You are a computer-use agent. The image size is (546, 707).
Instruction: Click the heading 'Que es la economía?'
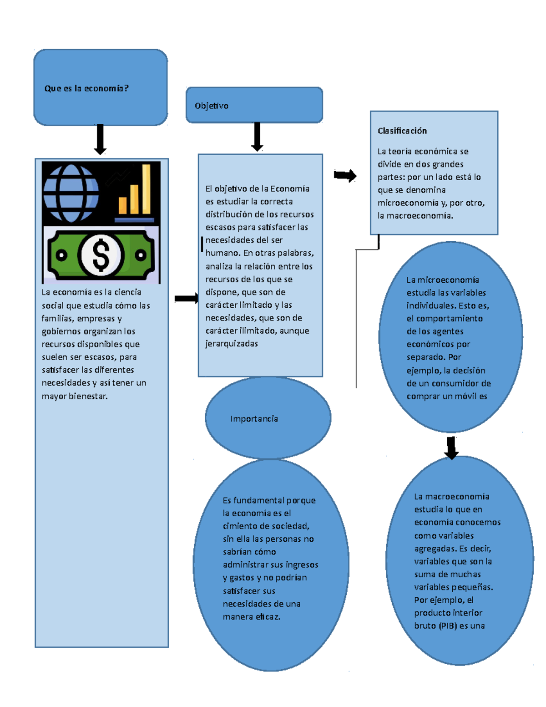coord(86,88)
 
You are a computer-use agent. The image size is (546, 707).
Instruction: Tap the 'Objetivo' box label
coord(212,106)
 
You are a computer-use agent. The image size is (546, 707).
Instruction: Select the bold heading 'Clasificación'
coord(402,131)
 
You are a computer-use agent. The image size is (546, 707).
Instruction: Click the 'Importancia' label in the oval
coord(254,419)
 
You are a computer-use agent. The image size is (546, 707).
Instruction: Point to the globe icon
coord(71,193)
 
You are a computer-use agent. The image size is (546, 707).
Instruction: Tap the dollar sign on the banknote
coord(101,255)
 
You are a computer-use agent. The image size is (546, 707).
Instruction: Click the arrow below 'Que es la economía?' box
coord(100,139)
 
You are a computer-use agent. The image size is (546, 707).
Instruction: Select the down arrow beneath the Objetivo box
coord(257,137)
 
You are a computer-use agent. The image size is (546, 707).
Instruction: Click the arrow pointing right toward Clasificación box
coord(345,175)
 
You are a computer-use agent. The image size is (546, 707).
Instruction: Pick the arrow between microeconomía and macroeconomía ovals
coord(451,448)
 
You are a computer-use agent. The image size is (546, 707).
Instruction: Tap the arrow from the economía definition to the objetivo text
coord(187,299)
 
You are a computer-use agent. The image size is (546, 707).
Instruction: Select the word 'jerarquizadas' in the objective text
coord(232,344)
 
